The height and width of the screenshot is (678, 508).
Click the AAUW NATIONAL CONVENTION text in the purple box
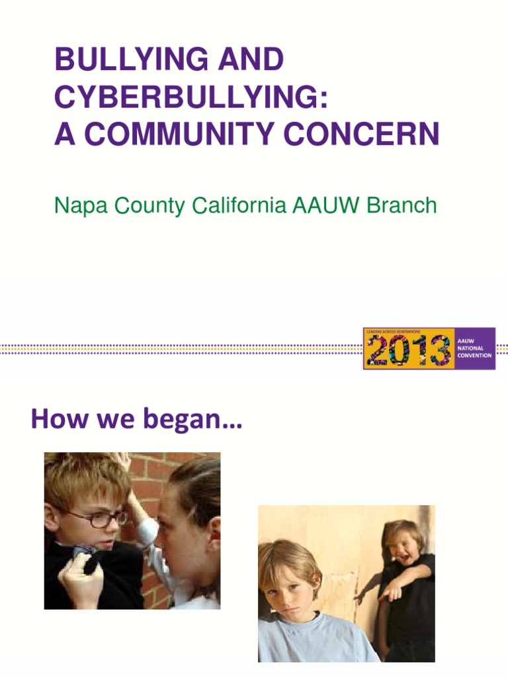(474, 348)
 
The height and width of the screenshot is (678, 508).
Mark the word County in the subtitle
(149, 206)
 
